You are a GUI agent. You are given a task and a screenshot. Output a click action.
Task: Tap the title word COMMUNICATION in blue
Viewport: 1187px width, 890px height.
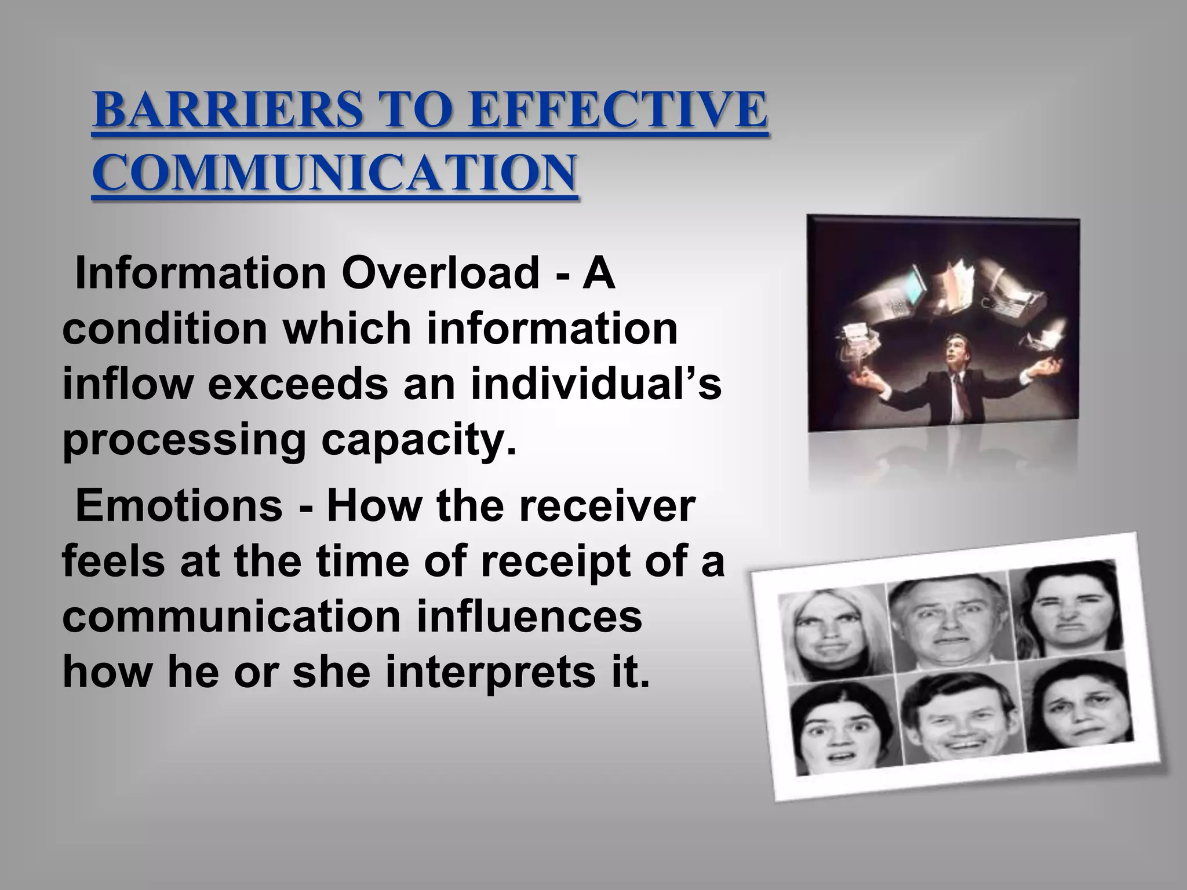334,173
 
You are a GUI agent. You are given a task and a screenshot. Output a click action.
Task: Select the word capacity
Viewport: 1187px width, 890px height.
418,442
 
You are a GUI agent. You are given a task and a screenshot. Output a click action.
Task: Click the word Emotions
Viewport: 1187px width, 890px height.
179,506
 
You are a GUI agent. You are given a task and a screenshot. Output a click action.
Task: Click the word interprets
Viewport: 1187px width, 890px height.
488,674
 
